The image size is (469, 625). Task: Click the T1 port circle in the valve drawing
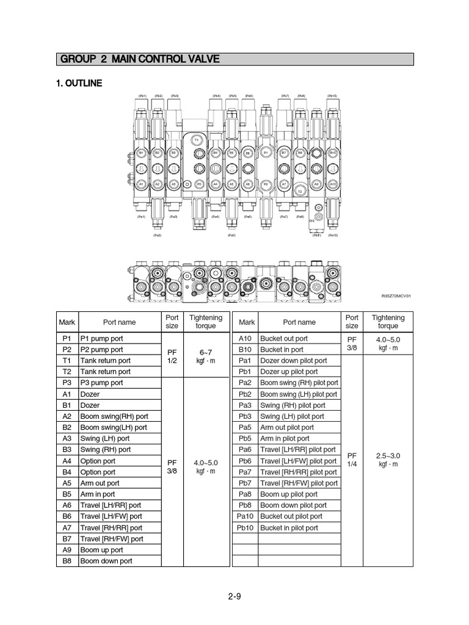point(197,140)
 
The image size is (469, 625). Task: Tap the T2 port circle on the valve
point(300,192)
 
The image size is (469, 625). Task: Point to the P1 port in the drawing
point(266,152)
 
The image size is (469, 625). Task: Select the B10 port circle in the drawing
point(333,152)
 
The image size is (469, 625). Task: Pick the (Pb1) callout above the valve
point(142,96)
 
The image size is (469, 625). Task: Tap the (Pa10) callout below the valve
point(333,235)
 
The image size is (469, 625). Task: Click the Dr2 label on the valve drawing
point(311,220)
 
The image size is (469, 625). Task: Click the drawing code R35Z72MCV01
point(396,296)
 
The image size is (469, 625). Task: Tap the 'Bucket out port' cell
point(284,339)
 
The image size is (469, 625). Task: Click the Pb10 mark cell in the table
point(245,528)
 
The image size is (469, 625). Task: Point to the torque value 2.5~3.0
point(388,455)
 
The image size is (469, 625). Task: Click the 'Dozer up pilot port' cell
point(289,372)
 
